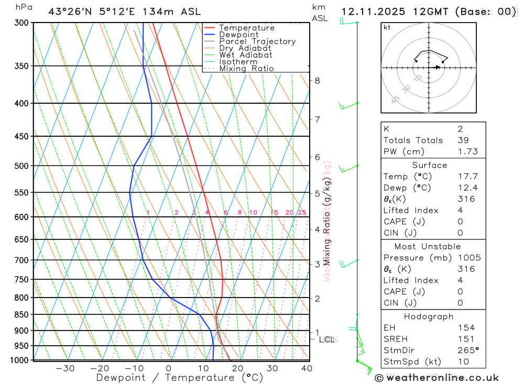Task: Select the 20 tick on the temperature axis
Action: tap(237, 368)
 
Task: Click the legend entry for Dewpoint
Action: tap(239, 35)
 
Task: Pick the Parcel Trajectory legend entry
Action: tap(257, 41)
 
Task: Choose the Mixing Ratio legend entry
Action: tap(246, 69)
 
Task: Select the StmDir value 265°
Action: tap(466, 350)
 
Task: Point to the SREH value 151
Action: tap(465, 339)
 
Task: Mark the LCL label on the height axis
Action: tap(327, 339)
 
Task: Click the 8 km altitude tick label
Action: tap(317, 81)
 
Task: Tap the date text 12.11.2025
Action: tap(370, 12)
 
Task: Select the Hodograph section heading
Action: tap(429, 316)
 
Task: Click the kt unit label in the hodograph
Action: tap(387, 27)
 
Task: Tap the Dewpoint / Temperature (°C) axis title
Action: tap(179, 378)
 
